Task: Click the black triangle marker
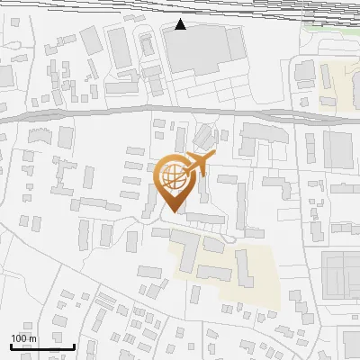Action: pos(181,24)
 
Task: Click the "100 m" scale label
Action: pos(24,338)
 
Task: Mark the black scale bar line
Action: pos(42,346)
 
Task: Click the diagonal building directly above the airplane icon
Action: pos(204,138)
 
